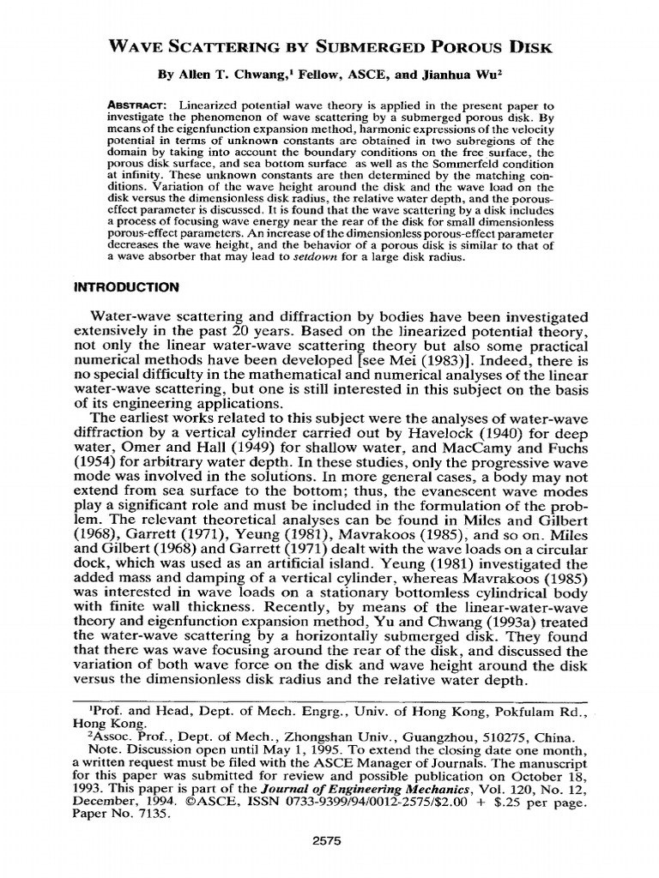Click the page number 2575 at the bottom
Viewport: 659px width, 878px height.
[329, 841]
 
